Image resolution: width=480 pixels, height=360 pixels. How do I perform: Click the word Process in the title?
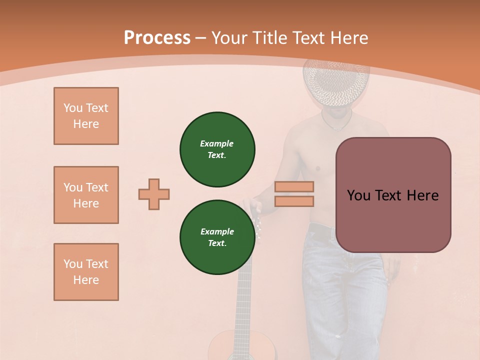coord(157,38)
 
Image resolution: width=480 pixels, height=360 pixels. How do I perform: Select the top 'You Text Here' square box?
coord(86,116)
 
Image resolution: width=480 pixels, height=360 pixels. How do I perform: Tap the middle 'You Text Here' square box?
coord(86,195)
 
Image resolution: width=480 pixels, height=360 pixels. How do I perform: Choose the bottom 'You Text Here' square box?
coord(86,272)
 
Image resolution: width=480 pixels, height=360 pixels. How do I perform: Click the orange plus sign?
coord(154,194)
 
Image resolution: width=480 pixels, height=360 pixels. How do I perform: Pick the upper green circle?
coord(217,149)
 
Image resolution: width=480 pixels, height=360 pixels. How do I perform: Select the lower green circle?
coord(217,237)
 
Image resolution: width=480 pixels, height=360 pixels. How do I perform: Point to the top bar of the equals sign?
coord(294,187)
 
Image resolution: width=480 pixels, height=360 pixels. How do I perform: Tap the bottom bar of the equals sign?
coord(294,201)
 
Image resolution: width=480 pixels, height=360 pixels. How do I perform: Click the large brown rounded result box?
coord(393,195)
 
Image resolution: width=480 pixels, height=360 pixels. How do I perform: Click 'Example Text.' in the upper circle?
coord(217,149)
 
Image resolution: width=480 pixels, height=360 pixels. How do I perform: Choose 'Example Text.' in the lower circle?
coord(217,237)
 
